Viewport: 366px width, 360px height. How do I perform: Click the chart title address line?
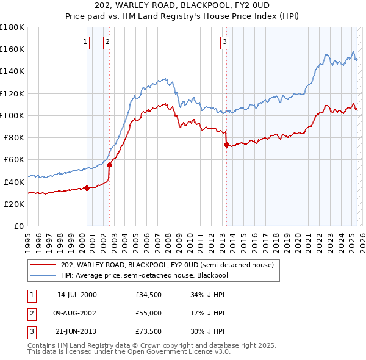click(x=183, y=6)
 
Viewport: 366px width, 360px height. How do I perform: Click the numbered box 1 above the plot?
click(x=84, y=41)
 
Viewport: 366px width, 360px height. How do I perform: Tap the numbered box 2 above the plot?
click(x=107, y=41)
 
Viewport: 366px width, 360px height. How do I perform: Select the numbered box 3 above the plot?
click(x=224, y=41)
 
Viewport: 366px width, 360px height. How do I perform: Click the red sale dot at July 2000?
click(x=87, y=187)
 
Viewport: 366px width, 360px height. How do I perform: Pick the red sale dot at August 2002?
click(x=109, y=165)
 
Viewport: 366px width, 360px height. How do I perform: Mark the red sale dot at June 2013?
click(x=226, y=145)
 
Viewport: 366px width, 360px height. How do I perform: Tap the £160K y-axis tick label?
click(x=12, y=49)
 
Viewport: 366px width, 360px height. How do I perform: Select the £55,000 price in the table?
click(x=149, y=312)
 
